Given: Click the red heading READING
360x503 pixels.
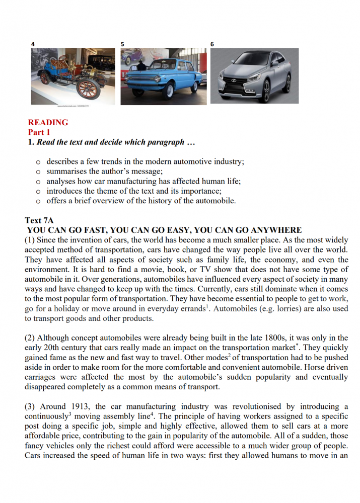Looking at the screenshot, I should point(48,122).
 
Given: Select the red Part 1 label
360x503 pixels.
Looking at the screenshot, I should point(39,132).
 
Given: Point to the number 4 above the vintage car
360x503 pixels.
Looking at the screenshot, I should point(33,44).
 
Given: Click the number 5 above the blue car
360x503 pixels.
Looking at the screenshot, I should point(122,44).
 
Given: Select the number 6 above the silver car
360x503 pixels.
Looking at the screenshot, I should point(212,44).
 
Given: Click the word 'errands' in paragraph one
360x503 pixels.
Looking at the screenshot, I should point(189,308).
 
